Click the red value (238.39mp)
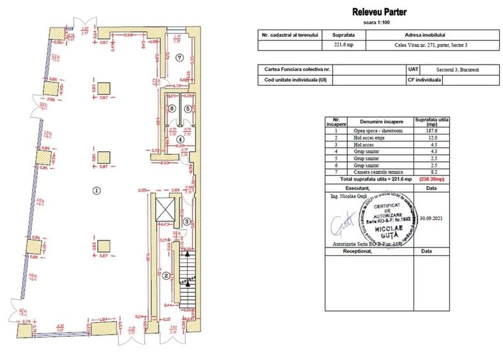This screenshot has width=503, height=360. [431, 180]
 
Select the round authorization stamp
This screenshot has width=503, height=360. [387, 218]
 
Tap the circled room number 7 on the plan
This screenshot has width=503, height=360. [180, 57]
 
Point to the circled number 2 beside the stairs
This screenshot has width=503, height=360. [166, 276]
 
